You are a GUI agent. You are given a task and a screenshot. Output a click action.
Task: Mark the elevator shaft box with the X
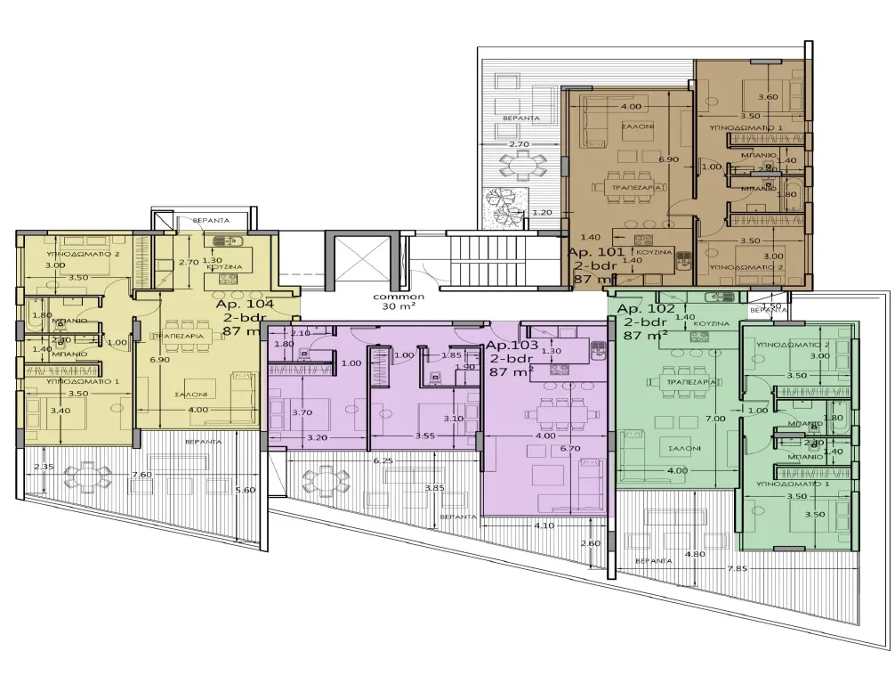click(359, 262)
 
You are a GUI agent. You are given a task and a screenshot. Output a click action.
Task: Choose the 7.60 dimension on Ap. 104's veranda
click(141, 475)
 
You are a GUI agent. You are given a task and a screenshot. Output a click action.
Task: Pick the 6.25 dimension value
click(383, 460)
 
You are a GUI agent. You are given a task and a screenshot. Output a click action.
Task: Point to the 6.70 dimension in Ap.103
click(571, 449)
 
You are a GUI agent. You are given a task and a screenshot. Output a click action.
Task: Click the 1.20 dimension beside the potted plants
click(542, 212)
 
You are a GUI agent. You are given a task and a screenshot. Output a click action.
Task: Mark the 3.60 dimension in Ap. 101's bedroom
click(767, 97)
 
